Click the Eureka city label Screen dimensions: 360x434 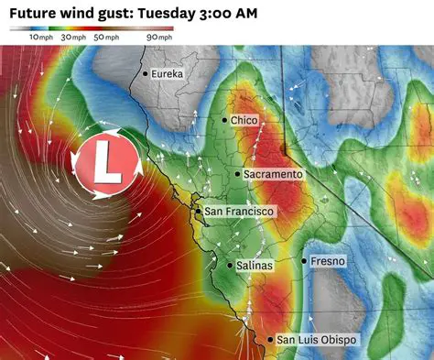click(x=168, y=73)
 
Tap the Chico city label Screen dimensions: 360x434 click(x=244, y=121)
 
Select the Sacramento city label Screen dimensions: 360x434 click(x=273, y=174)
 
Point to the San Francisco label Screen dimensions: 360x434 click(x=238, y=212)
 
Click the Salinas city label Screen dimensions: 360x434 click(x=255, y=265)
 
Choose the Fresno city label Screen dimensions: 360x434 click(x=328, y=261)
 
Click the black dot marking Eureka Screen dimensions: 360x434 click(x=145, y=73)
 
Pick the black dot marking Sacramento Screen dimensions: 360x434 click(x=237, y=174)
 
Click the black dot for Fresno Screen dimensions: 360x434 click(x=304, y=261)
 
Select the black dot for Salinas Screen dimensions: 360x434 click(x=230, y=265)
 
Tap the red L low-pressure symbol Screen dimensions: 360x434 click(x=108, y=168)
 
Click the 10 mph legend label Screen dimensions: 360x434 click(x=40, y=37)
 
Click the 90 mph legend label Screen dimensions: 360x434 click(x=159, y=37)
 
